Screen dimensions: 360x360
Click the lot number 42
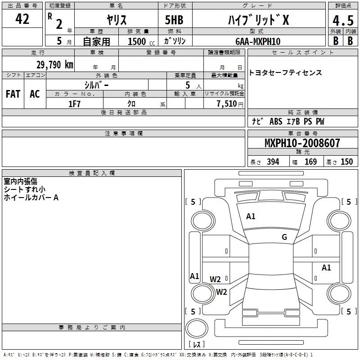click(22, 19)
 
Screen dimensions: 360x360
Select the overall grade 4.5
click(343, 20)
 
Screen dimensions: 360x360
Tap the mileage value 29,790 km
click(55, 65)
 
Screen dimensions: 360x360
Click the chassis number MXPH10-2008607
click(302, 143)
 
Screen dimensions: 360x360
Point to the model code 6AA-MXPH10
click(258, 41)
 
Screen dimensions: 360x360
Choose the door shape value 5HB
click(174, 20)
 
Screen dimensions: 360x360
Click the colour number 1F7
click(74, 104)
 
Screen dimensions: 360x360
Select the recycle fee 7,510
click(227, 104)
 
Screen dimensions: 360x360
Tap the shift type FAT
click(13, 94)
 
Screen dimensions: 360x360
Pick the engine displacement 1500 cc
click(141, 41)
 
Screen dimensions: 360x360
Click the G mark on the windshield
click(284, 237)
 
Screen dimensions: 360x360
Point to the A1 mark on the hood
click(251, 216)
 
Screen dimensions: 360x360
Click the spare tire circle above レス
click(197, 328)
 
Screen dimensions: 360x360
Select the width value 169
click(310, 162)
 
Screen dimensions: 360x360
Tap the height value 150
click(346, 162)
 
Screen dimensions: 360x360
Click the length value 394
click(273, 162)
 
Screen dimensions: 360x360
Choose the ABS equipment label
click(276, 121)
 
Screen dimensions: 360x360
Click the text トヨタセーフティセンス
click(285, 73)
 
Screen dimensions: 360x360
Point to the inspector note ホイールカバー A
click(31, 198)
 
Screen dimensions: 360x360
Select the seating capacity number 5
click(188, 85)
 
